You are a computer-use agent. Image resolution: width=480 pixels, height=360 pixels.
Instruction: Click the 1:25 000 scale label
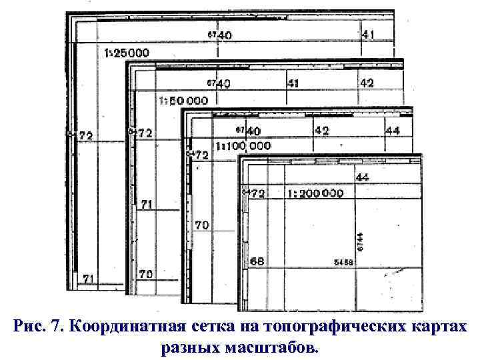[127, 52]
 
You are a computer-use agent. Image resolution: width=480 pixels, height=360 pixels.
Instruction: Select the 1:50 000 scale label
[183, 100]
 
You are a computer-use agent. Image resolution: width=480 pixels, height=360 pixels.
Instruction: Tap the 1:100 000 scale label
[243, 145]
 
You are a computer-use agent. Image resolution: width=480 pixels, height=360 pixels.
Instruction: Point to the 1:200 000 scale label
[315, 193]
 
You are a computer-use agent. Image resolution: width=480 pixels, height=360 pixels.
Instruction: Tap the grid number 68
[257, 261]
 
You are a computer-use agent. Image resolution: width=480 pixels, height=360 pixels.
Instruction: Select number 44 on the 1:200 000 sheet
[363, 177]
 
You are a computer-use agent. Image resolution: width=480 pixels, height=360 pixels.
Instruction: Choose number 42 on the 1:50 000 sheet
[367, 83]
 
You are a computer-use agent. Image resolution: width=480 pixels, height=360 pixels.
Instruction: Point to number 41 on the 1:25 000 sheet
[368, 33]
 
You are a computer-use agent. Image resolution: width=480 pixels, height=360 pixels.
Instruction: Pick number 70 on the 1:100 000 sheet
[201, 226]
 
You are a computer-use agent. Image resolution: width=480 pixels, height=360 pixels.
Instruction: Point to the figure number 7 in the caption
[51, 327]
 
